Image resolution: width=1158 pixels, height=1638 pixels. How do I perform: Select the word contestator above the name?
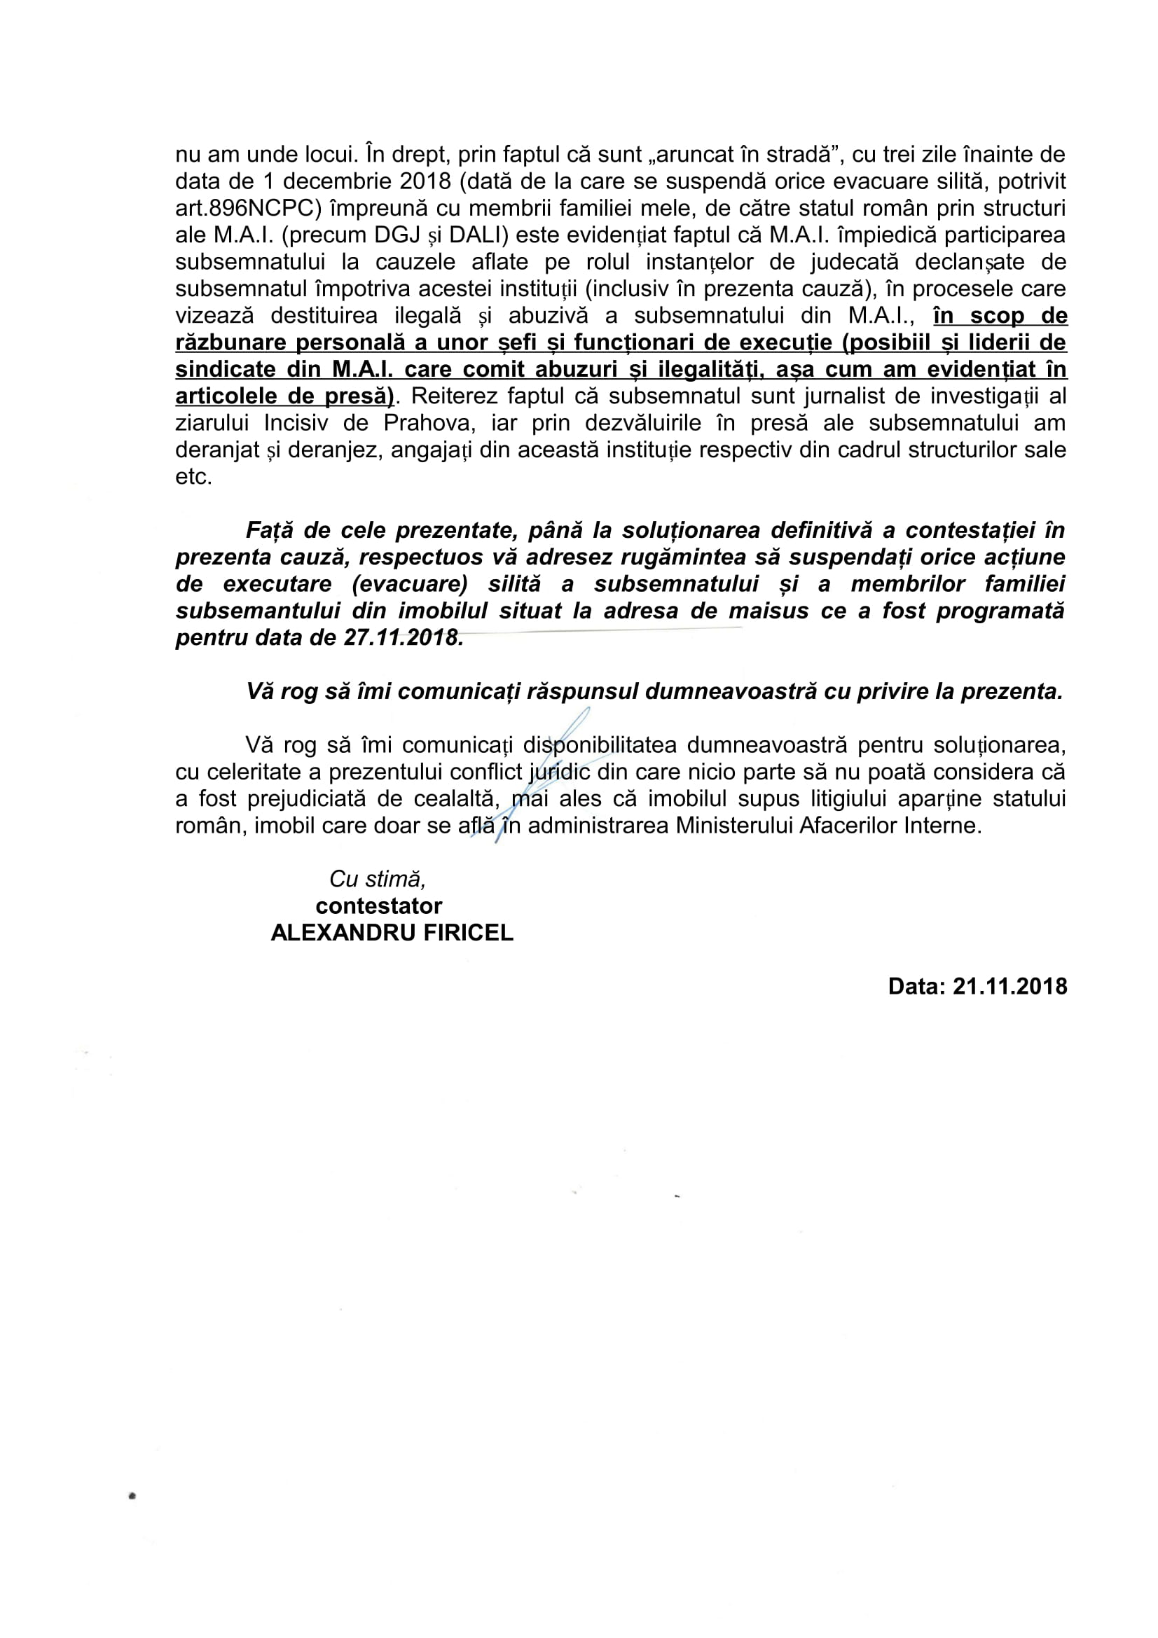[379, 906]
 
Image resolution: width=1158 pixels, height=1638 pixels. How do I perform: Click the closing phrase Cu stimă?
[378, 879]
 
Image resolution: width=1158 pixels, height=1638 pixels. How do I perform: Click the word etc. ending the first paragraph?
[193, 477]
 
